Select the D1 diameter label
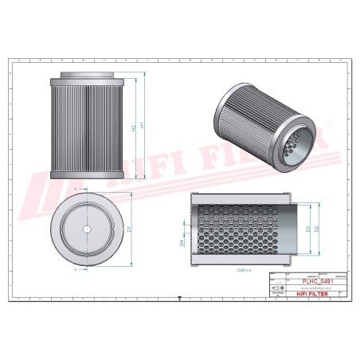click(x=130, y=229)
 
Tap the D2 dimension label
click(x=318, y=229)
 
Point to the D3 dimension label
click(x=307, y=229)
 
